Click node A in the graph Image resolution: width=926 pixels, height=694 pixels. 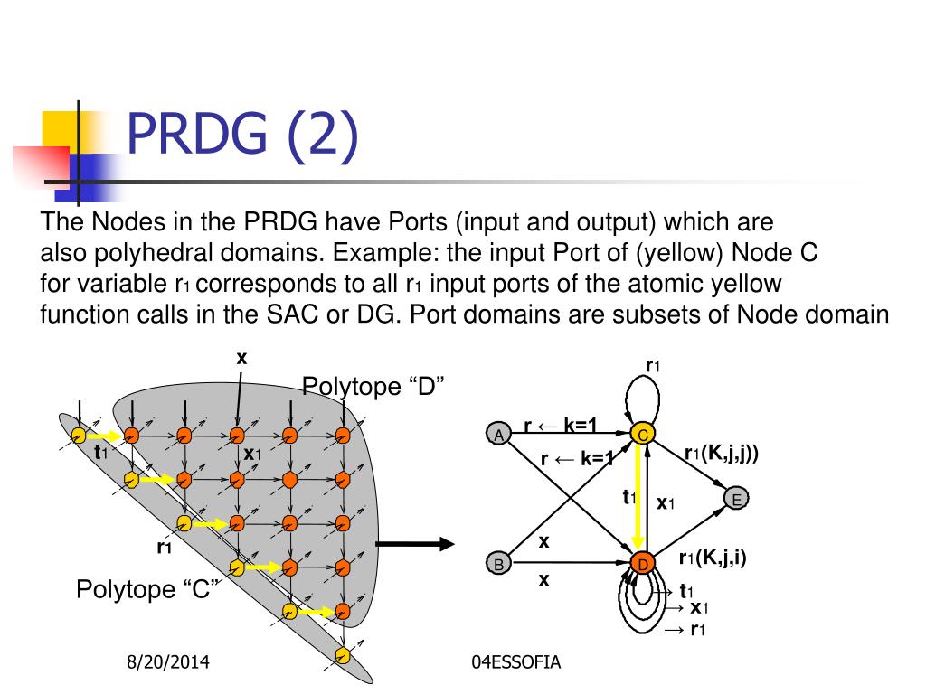pyautogui.click(x=498, y=435)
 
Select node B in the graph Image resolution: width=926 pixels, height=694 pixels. pyautogui.click(x=498, y=565)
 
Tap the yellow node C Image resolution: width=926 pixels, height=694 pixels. pyautogui.click(x=642, y=435)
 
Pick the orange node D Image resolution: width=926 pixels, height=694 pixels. pyautogui.click(x=642, y=565)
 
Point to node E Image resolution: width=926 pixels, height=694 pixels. pyautogui.click(x=737, y=500)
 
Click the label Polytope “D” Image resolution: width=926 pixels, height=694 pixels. pyautogui.click(x=373, y=387)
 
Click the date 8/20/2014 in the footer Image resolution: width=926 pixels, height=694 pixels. pyautogui.click(x=167, y=663)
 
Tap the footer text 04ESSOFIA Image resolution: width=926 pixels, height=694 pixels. pyautogui.click(x=516, y=663)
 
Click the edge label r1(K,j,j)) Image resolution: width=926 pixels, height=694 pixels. pyautogui.click(x=721, y=454)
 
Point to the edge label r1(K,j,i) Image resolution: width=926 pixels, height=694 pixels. pyautogui.click(x=713, y=558)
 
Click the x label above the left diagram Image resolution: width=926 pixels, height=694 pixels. pyautogui.click(x=241, y=358)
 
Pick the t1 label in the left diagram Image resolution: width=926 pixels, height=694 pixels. pyautogui.click(x=101, y=452)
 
